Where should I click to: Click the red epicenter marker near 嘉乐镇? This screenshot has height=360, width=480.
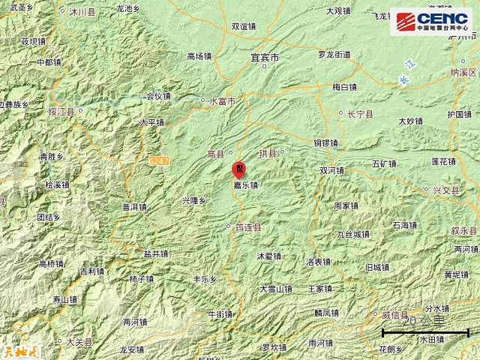238,170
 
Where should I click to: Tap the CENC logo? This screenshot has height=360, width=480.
433,22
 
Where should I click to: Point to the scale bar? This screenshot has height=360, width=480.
425,331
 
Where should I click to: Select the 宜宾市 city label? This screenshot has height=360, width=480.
264,57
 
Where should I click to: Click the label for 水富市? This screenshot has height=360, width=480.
222,100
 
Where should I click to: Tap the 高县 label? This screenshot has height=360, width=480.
215,154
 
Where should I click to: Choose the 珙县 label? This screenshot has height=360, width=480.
268,153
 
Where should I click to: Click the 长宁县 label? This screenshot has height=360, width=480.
360,114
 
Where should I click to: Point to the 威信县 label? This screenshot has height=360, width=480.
394,315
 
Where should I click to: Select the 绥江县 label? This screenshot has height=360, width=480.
61,112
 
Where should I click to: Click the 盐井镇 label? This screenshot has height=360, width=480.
156,253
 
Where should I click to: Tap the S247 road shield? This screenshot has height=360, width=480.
158,160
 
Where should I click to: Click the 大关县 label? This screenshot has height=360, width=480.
79,342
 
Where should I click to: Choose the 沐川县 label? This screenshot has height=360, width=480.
82,13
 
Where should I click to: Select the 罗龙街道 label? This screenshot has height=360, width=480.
334,55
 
